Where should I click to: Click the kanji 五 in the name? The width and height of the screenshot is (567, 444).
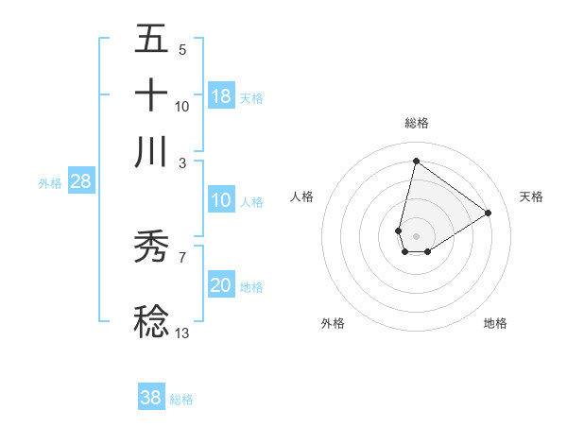151,40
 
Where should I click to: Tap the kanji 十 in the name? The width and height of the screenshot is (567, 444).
151,95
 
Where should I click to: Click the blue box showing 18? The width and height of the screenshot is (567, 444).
221,96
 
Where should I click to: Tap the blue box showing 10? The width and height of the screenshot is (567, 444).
221,200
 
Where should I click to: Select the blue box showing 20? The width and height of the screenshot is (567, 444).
221,285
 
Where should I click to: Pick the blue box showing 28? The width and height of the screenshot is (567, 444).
81,182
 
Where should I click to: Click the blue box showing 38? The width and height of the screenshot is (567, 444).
151,398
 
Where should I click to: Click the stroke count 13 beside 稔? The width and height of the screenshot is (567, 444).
182,333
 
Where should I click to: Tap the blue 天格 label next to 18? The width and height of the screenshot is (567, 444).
251,97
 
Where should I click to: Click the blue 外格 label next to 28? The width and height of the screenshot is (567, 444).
50,183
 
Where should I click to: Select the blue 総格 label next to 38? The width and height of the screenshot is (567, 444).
181,399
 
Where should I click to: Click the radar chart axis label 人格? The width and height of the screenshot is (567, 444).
302,196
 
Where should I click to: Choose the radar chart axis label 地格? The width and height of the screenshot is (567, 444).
495,323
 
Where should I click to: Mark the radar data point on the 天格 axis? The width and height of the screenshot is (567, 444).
488,213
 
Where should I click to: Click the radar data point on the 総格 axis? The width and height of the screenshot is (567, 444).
416,162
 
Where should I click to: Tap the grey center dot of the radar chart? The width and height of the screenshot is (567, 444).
416,234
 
